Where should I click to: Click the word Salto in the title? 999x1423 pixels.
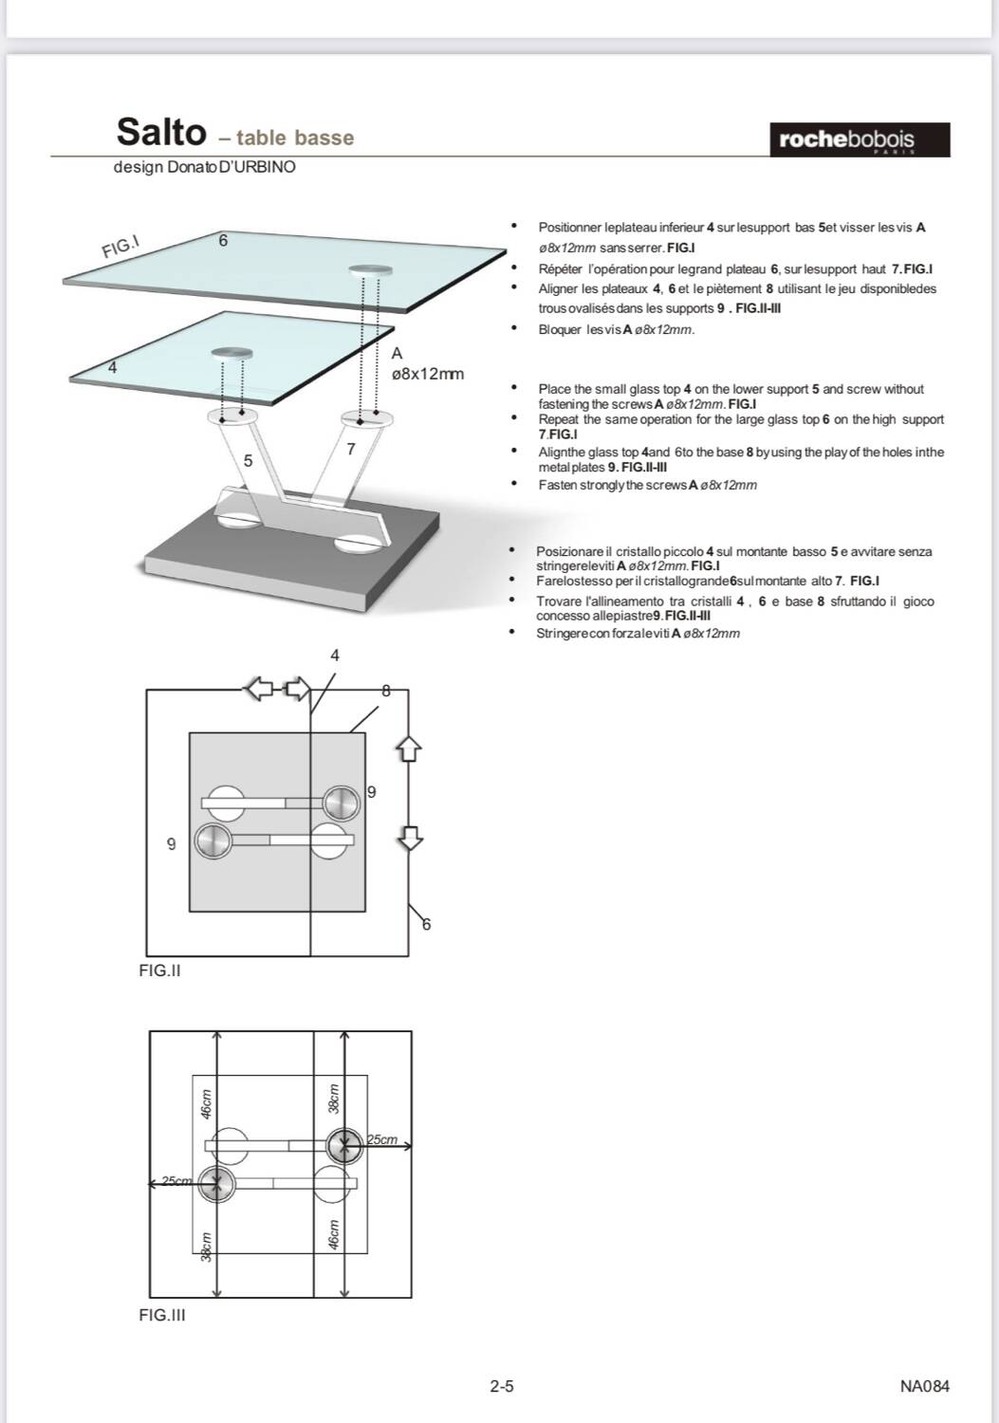point(160,132)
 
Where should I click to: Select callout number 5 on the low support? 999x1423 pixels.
point(248,461)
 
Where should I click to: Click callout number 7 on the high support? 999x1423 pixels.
point(350,449)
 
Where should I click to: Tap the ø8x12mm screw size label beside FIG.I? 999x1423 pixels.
point(428,374)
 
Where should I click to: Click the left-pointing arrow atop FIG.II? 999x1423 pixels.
point(259,689)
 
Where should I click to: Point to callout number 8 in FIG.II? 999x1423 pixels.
point(385,691)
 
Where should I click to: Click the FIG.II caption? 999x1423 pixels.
point(159,970)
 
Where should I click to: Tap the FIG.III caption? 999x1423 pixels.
point(161,1315)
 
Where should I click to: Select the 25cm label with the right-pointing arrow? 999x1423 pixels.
point(382,1139)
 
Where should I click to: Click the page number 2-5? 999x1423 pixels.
point(502,1386)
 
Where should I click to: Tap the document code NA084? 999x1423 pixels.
point(924,1386)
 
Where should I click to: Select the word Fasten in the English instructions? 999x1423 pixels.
point(558,485)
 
